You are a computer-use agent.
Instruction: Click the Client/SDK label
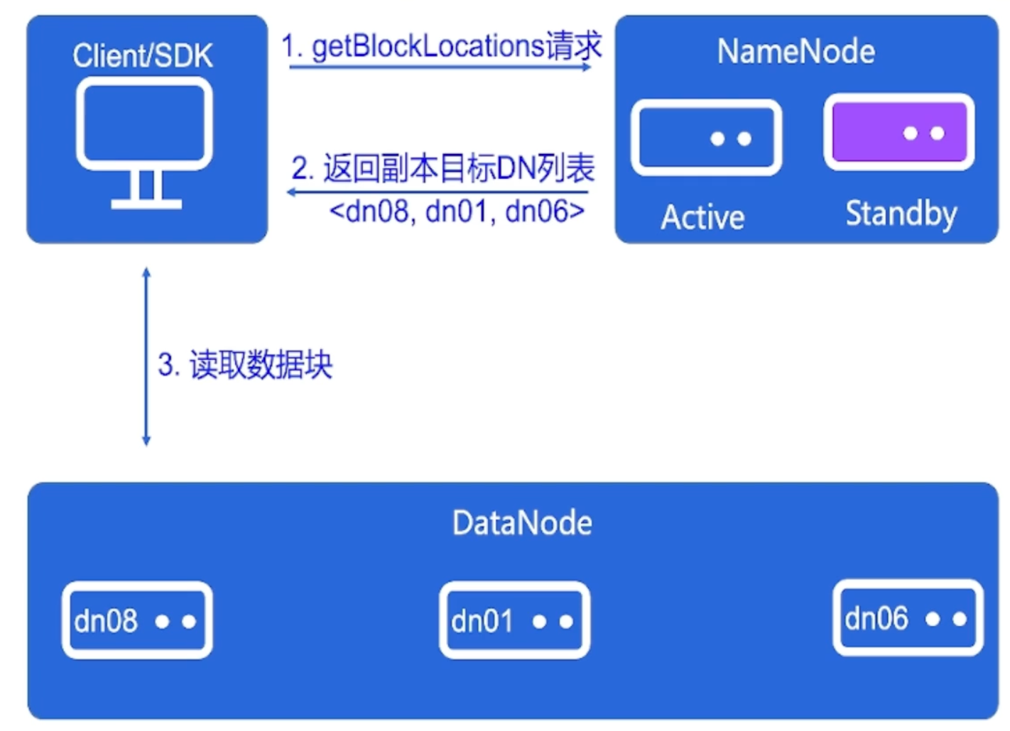click(x=142, y=56)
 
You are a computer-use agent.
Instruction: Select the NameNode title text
click(x=795, y=52)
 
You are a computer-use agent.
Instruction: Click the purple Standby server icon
click(x=898, y=133)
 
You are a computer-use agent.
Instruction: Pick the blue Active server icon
click(x=706, y=138)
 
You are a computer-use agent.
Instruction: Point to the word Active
click(x=702, y=217)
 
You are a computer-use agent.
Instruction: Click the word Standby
click(x=901, y=214)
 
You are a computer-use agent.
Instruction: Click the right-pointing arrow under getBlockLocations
click(x=440, y=67)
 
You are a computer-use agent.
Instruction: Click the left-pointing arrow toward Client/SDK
click(x=438, y=192)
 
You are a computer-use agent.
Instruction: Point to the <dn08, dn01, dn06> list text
click(x=457, y=211)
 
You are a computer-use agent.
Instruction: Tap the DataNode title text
click(x=522, y=523)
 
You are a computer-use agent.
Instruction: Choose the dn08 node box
click(x=137, y=620)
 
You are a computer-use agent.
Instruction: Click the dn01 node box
click(x=514, y=620)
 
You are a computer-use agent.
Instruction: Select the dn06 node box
click(x=908, y=618)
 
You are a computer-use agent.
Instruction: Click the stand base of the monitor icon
click(x=146, y=204)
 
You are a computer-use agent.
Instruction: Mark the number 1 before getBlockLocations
click(x=288, y=47)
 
